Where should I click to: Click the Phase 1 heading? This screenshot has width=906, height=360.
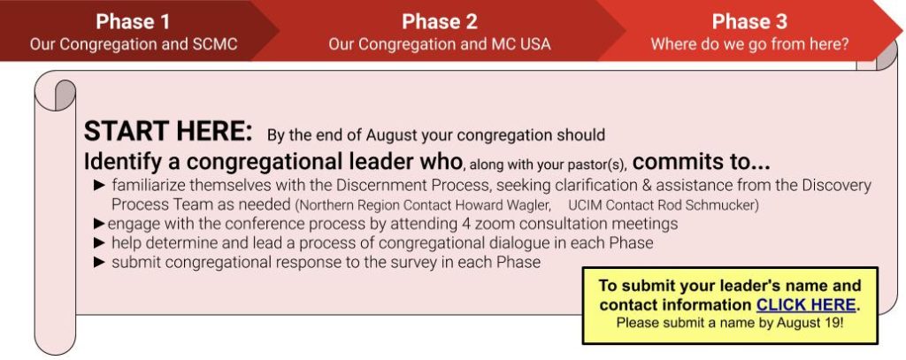[133, 22]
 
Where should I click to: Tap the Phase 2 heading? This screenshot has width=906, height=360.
[440, 22]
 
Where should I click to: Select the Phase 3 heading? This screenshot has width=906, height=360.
[749, 22]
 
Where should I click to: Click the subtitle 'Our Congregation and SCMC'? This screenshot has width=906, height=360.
[134, 44]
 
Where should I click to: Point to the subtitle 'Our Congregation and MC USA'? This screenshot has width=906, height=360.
[440, 44]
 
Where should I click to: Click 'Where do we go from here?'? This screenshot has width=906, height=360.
[750, 44]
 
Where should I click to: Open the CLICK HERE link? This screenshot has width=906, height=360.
[806, 304]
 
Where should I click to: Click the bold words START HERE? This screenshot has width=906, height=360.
[168, 133]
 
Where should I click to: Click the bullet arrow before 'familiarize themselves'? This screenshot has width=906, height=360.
[99, 186]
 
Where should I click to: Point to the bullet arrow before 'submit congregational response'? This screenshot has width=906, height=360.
[99, 263]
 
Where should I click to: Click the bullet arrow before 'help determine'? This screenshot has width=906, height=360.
[99, 242]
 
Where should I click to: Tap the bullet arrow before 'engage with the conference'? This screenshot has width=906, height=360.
[99, 224]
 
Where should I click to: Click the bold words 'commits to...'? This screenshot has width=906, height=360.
[701, 163]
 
